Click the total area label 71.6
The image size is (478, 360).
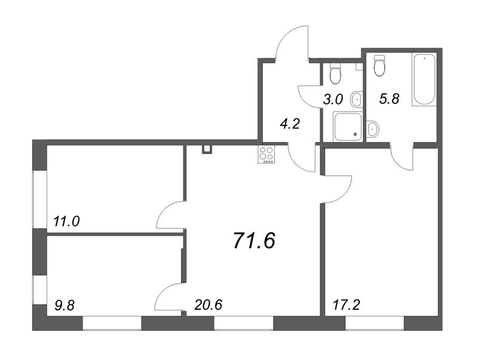click(x=255, y=241)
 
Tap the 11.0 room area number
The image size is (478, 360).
click(x=66, y=221)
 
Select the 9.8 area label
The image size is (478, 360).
click(x=65, y=305)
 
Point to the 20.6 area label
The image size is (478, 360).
click(x=209, y=304)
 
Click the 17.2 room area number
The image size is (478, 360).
click(x=347, y=304)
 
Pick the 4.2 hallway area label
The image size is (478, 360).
click(x=290, y=124)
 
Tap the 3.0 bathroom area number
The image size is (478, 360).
click(x=333, y=100)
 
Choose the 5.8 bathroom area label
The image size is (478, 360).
click(x=390, y=99)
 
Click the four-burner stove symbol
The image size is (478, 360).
click(x=266, y=155)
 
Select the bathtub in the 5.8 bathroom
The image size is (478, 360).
click(x=424, y=79)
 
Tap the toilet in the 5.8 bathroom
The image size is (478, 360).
click(x=379, y=66)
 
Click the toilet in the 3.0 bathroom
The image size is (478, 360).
click(x=335, y=73)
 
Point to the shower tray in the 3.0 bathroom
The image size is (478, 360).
click(x=348, y=127)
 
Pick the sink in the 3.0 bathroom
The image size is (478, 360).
click(x=356, y=99)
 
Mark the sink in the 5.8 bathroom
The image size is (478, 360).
click(x=372, y=129)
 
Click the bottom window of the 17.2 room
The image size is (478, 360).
click(x=375, y=323)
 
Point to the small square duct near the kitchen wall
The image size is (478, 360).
click(x=207, y=149)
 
